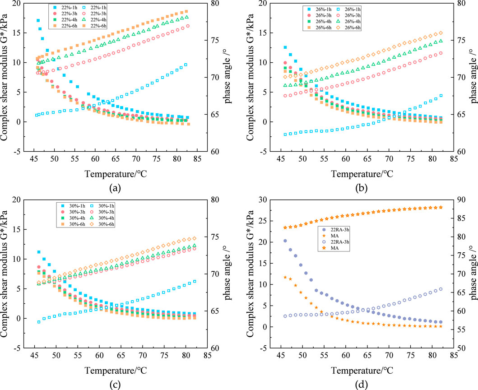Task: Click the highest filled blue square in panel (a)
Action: (38, 20)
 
